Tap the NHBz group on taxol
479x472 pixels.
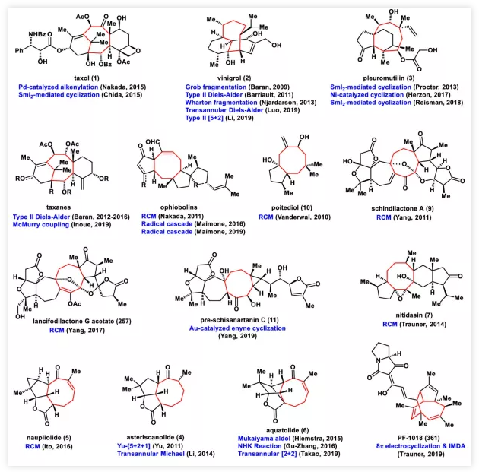[x=30, y=31]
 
